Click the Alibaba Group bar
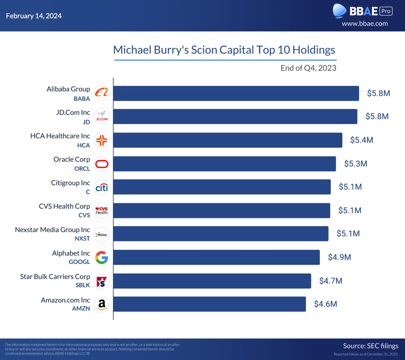click(x=236, y=93)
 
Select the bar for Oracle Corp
click(x=224, y=164)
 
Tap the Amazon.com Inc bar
click(x=210, y=304)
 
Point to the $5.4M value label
click(x=362, y=140)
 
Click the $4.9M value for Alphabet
click(x=339, y=257)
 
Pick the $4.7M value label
click(x=331, y=281)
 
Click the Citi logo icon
click(x=102, y=187)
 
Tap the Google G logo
click(x=102, y=257)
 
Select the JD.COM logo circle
click(x=102, y=116)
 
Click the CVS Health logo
click(x=102, y=211)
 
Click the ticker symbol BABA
click(x=82, y=99)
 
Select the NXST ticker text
click(x=82, y=239)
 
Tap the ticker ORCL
click(x=82, y=169)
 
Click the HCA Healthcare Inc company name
click(x=60, y=136)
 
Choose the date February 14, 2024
click(x=34, y=16)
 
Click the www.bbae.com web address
click(x=365, y=24)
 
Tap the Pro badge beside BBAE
click(x=386, y=11)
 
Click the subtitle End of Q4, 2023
click(x=309, y=68)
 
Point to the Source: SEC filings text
click(x=371, y=346)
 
